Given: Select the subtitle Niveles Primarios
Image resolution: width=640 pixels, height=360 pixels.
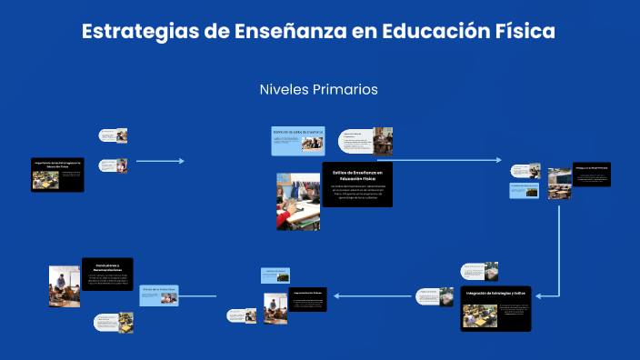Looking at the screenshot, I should pos(318,89).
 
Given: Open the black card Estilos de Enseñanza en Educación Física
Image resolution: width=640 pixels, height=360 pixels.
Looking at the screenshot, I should pos(356,185).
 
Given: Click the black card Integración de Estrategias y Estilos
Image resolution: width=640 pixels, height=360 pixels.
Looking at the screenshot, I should pos(495,308).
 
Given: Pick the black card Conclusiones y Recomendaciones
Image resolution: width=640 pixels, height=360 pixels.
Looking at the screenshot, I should pos(107,274).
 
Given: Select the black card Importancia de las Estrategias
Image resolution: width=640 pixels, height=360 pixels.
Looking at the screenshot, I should pos(57,174).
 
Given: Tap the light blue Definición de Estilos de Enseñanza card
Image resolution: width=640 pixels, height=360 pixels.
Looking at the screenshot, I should pos(297,139).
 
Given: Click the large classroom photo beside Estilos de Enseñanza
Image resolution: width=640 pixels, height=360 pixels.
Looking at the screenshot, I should pos(298,201).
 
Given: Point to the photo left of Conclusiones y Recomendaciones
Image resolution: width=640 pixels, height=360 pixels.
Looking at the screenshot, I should pos(65,285).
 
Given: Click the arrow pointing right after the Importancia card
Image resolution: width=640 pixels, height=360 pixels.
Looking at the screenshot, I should pos(160,161).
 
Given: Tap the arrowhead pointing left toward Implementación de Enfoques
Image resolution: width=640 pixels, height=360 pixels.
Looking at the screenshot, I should pos(330,295).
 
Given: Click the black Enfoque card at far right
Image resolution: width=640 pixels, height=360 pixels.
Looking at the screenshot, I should pos(590,174).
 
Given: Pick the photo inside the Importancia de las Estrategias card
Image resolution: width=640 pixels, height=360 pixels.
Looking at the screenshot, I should pos(45,179).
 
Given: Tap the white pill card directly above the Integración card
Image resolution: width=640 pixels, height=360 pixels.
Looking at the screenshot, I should pos(479,271).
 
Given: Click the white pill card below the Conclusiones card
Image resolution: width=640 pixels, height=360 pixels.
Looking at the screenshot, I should pos(114,322).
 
